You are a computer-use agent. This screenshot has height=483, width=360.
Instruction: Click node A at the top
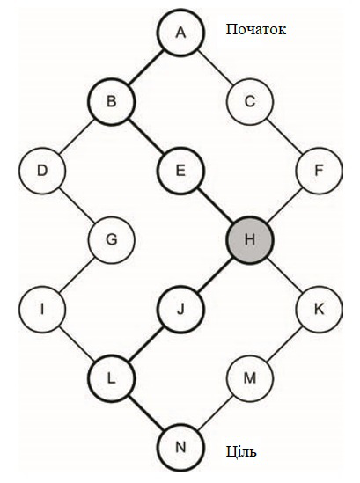[x=180, y=33]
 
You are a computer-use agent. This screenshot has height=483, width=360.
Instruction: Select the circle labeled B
[x=111, y=101]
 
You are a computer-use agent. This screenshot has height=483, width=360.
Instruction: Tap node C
[x=250, y=101]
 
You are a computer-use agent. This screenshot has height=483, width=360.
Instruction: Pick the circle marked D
[x=42, y=171]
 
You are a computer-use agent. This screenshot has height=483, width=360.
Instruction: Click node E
[x=180, y=171]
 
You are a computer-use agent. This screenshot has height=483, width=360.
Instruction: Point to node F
[x=319, y=171]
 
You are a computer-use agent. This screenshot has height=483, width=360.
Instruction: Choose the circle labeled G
[x=111, y=239]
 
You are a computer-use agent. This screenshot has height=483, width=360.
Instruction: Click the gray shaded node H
[x=250, y=239]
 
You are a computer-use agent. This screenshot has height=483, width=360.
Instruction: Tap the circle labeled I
[x=42, y=309]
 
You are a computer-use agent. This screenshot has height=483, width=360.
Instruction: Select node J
[x=180, y=309]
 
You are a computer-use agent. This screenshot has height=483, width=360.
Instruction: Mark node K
[x=319, y=309]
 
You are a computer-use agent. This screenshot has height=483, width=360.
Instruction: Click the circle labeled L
[x=111, y=378]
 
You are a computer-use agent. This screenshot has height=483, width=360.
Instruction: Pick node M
[x=250, y=378]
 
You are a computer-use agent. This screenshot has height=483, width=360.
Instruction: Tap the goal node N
[x=180, y=447]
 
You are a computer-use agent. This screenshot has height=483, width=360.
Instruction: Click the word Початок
[x=256, y=30]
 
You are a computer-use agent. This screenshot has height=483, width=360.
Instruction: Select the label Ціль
[x=241, y=452]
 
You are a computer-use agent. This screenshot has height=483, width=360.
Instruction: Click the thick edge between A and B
[x=146, y=67]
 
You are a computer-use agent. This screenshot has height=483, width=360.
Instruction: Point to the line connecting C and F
[x=284, y=135]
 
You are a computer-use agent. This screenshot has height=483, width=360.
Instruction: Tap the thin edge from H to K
[x=284, y=274]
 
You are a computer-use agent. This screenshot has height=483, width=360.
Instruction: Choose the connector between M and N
[x=215, y=413]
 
